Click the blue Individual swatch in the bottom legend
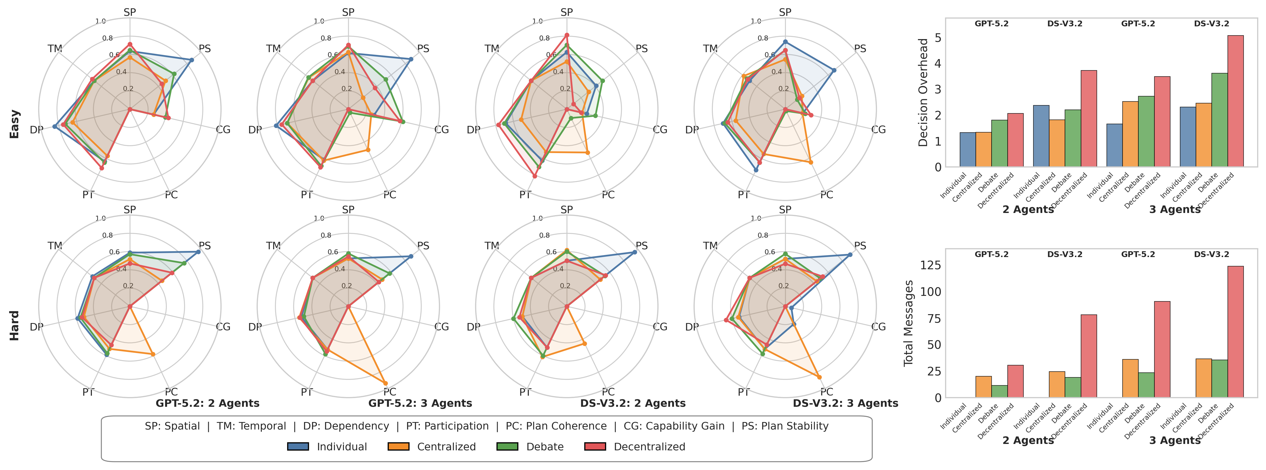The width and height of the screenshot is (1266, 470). [x=298, y=446]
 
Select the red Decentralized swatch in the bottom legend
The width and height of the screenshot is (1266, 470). [x=595, y=446]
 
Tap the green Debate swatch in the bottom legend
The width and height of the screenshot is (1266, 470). [x=507, y=446]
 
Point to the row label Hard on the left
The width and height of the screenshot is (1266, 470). [x=15, y=325]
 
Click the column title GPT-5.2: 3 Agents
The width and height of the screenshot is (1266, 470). [x=420, y=403]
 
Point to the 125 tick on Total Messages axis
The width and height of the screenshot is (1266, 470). [x=930, y=265]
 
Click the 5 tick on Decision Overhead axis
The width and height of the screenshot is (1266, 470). [x=938, y=38]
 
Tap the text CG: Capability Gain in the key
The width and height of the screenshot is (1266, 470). [x=674, y=426]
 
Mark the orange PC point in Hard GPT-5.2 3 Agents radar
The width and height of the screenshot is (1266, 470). [x=385, y=383]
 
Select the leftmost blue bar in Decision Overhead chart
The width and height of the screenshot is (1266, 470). [x=967, y=150]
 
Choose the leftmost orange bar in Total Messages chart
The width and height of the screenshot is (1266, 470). [x=983, y=387]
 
